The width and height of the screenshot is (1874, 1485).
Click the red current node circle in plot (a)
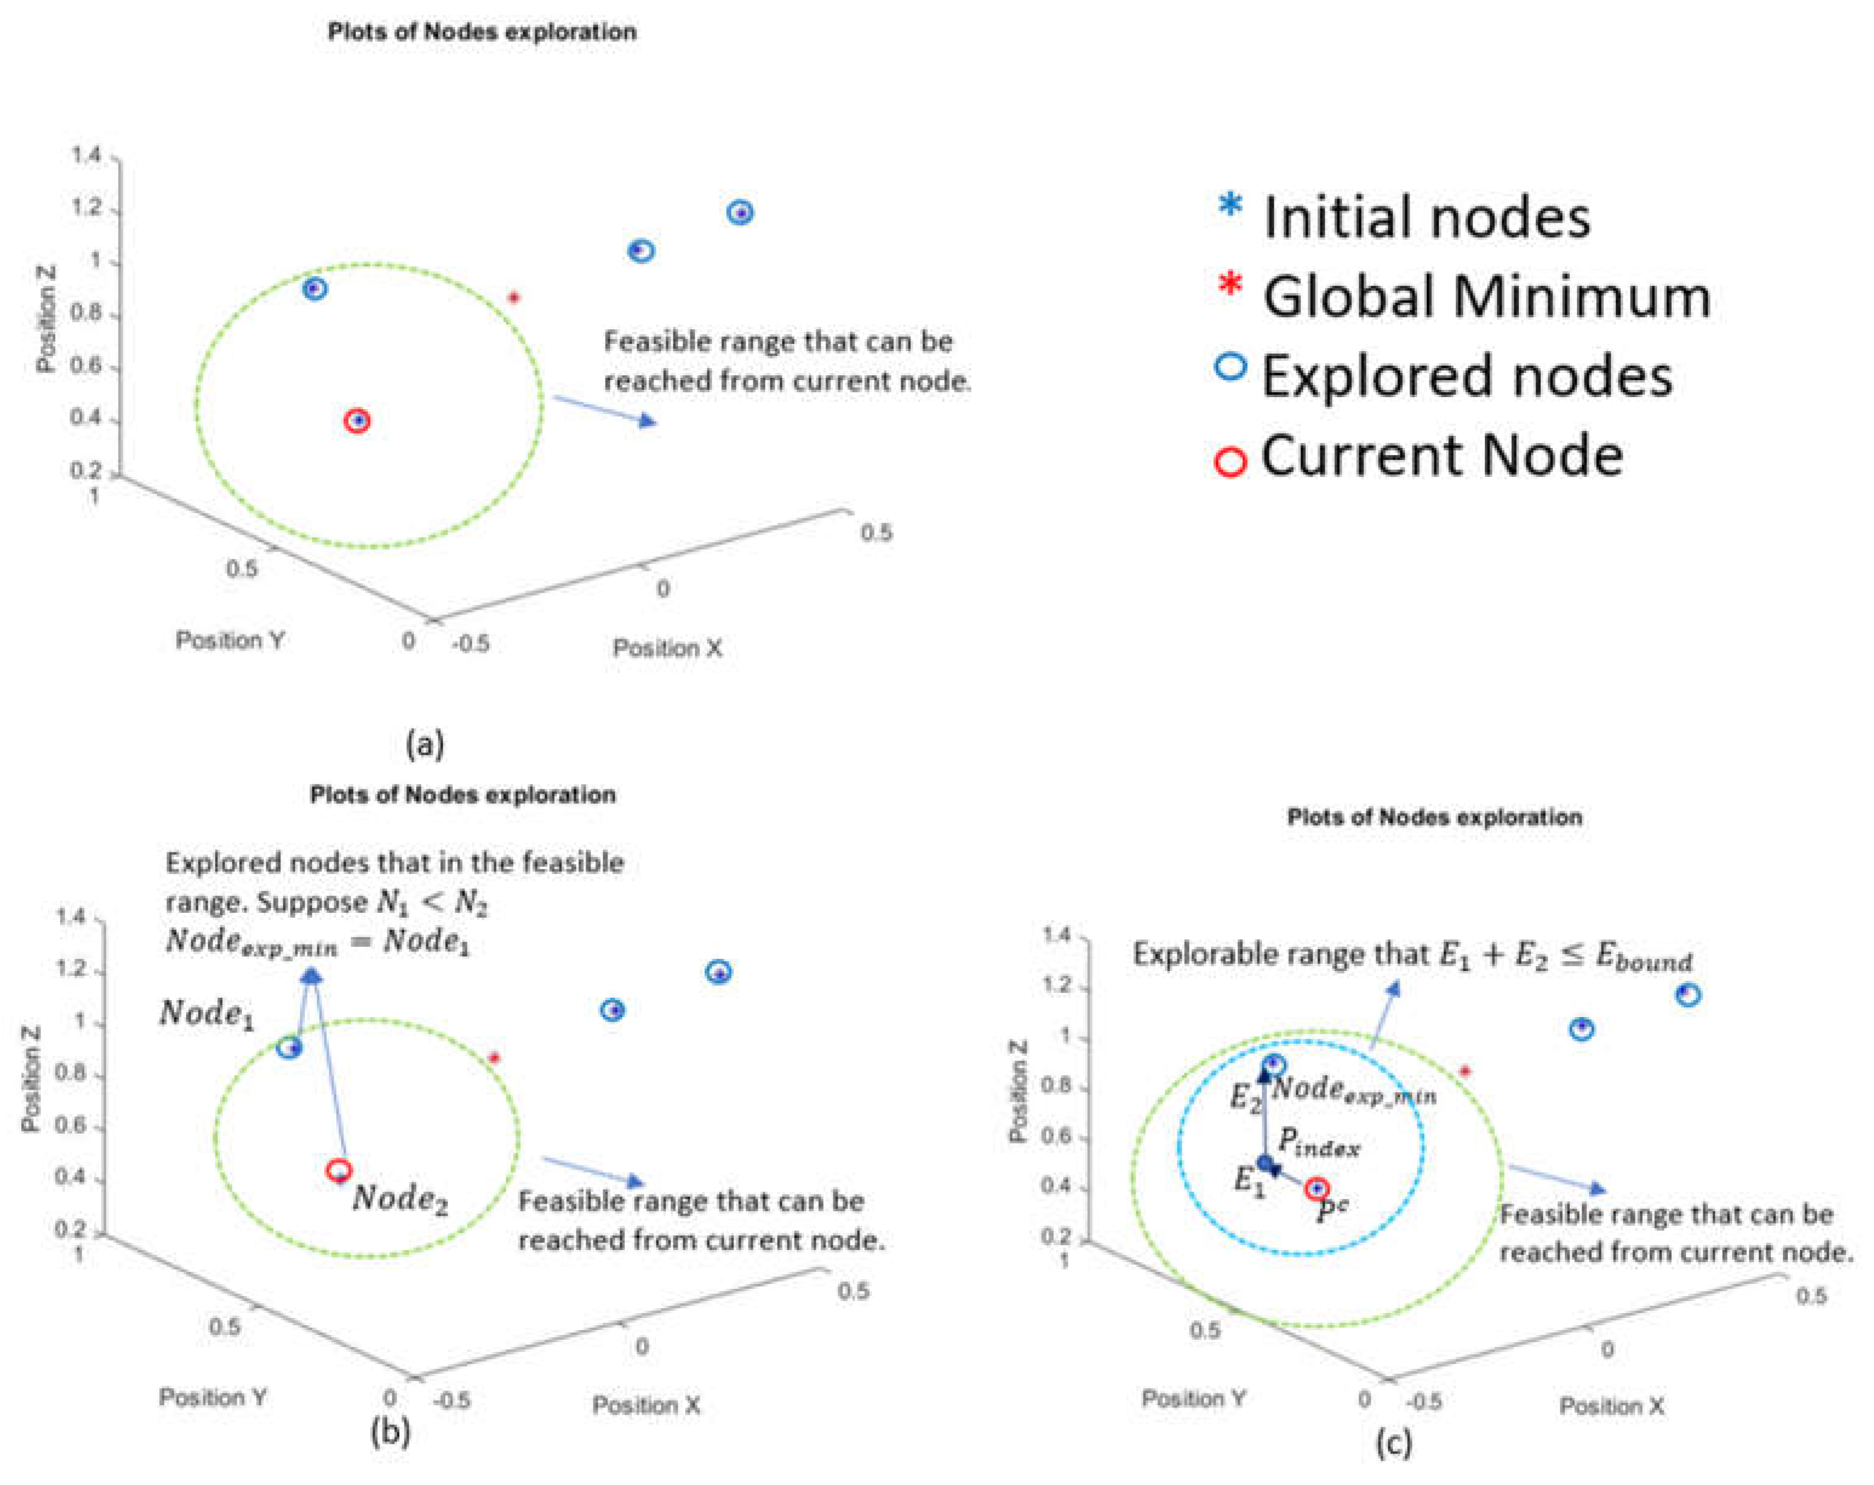pos(357,421)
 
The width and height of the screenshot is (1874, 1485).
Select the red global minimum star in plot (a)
pos(514,298)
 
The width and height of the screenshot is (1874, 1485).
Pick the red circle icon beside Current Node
pos(1230,461)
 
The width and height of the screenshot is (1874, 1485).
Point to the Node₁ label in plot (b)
pos(207,1014)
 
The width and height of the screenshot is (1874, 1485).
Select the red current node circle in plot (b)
pos(338,1170)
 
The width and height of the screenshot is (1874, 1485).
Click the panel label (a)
pos(425,744)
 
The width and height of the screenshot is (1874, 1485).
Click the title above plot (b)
pos(462,794)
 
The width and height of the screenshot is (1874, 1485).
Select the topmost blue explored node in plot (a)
pos(740,212)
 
